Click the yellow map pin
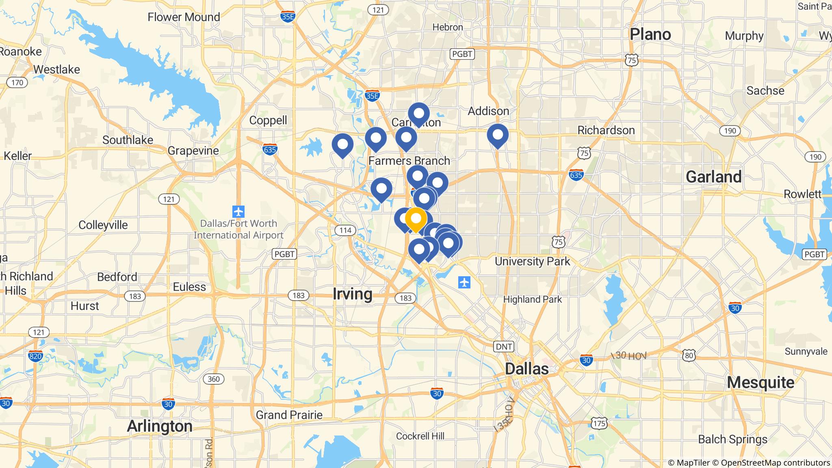pos(416,219)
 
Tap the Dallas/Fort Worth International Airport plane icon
pos(238,212)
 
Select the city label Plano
pos(650,35)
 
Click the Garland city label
pos(713,177)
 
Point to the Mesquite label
pos(760,382)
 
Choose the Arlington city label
pos(160,426)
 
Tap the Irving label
pos(352,294)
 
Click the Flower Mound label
pos(184,17)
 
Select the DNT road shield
pos(504,347)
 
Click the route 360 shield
pos(213,379)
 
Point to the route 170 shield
pos(17,83)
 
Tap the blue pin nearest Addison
pos(498,135)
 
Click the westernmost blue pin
pos(342,145)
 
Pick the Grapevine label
pos(193,150)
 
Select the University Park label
pos(532,261)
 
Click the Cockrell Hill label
pos(420,436)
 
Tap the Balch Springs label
pos(732,439)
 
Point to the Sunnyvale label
pos(806,351)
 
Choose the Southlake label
pos(128,140)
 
